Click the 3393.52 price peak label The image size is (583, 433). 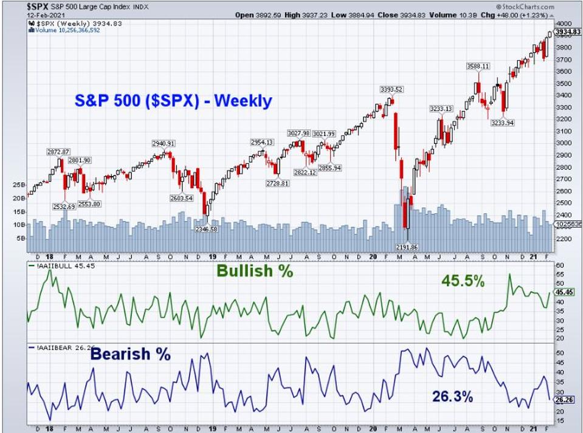coord(391,89)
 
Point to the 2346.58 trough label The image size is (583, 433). coord(207,229)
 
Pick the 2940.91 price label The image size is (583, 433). coord(164,143)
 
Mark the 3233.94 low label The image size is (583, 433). coord(503,123)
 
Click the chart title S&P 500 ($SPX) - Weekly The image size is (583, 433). coord(173,100)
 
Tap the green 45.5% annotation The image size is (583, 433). coord(463,281)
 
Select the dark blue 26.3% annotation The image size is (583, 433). coord(452,397)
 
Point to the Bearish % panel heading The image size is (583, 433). coord(131,354)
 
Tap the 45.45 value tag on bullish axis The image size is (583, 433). coord(565,292)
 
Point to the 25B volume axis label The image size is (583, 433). coord(18,184)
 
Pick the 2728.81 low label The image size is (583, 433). coord(277,183)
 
